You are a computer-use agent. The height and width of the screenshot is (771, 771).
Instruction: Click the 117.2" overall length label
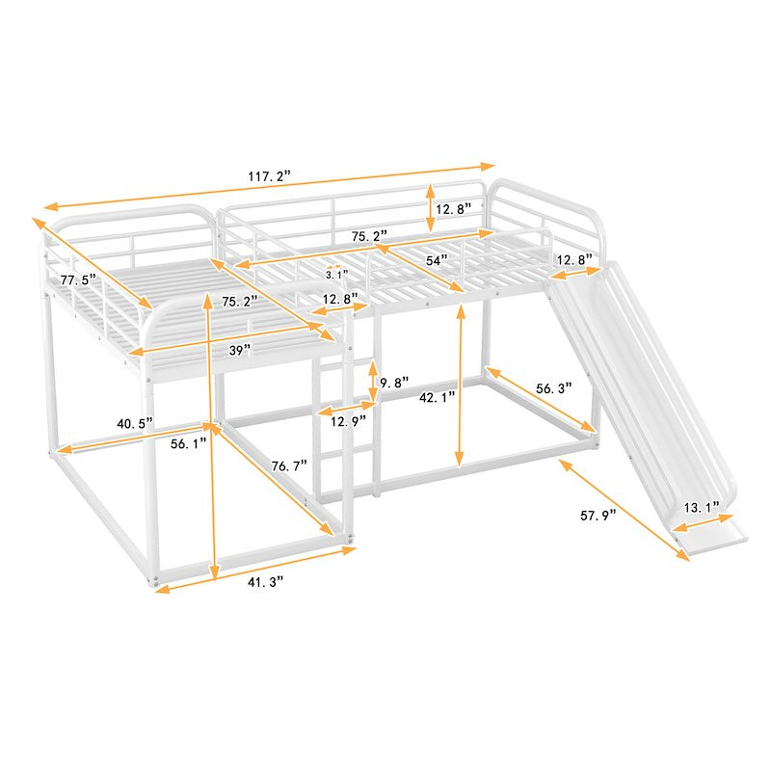coord(270,176)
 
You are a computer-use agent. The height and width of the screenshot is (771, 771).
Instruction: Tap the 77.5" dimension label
coord(78,280)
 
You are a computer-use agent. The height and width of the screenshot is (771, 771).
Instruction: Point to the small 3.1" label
coord(336,275)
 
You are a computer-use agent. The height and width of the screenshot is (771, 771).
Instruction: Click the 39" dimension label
coord(240,350)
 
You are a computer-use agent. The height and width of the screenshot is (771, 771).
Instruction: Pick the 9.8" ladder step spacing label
coord(394,382)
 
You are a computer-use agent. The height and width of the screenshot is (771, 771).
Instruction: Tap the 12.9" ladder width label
coord(349,421)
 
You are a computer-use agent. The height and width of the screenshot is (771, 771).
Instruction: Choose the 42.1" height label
coord(438,397)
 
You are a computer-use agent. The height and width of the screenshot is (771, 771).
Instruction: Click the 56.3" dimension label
coord(554,388)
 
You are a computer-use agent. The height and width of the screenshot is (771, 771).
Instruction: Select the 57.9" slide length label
coord(598,516)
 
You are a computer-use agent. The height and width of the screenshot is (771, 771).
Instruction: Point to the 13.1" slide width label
coord(702,508)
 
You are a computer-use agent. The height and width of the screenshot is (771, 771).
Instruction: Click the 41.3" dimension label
coord(266,582)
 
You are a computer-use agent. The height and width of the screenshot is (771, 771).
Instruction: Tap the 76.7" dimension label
coord(289,465)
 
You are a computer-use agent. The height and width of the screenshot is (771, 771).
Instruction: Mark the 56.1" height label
coord(189,443)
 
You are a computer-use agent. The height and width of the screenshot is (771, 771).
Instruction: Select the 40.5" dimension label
coord(135,423)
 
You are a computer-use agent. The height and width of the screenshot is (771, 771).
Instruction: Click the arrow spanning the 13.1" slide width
coord(704,522)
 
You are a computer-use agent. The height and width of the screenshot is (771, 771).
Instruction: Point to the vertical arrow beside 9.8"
coord(373,381)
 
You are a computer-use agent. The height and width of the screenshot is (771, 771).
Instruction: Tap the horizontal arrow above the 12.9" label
coord(347,408)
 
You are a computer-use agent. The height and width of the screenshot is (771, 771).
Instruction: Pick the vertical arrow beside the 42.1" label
coord(460,385)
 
